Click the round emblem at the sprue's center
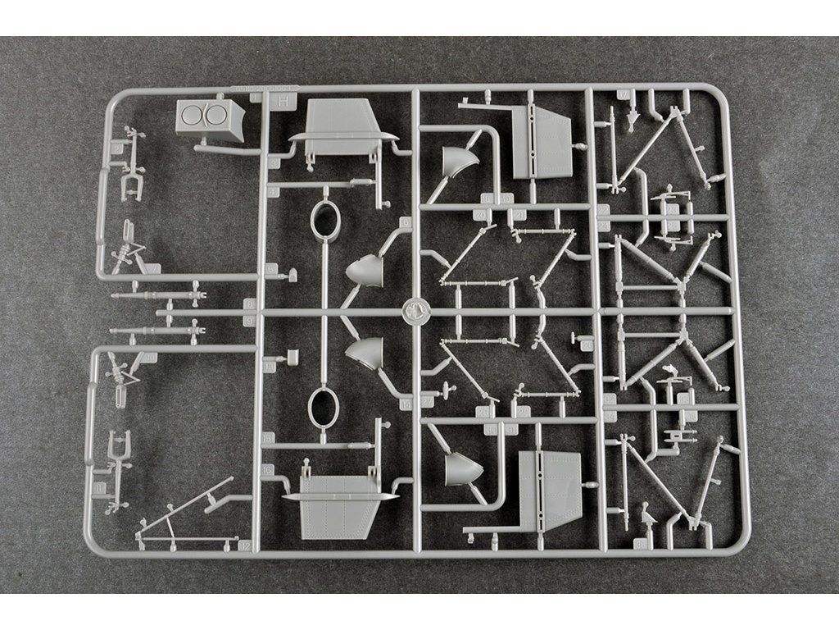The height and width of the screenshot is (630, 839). click(415, 310)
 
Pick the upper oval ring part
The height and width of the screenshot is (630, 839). click(326, 221)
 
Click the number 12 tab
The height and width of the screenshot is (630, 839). click(243, 544)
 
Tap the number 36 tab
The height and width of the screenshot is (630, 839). click(640, 542)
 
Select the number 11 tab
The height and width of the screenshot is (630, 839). click(100, 488)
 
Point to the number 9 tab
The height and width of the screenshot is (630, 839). click(249, 304)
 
